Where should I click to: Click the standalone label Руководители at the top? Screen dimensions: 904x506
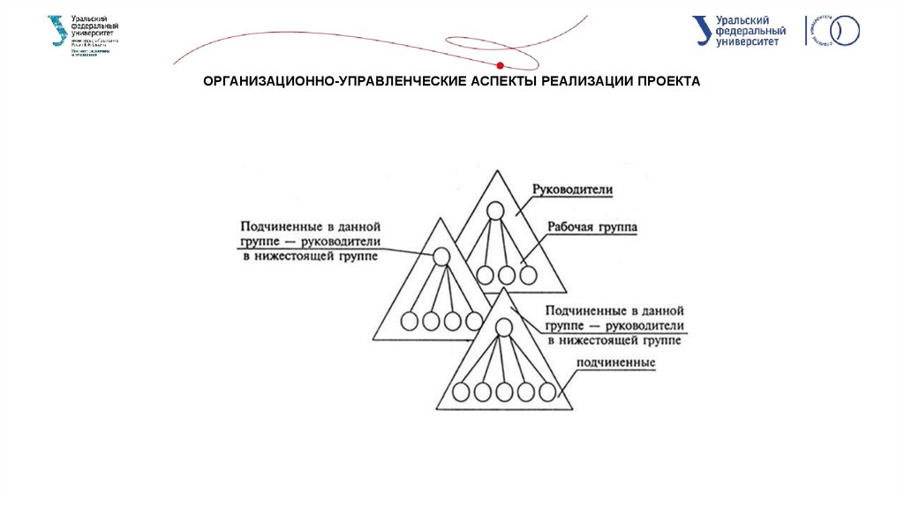tap(572, 190)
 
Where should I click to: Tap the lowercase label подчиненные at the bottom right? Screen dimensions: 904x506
tap(615, 362)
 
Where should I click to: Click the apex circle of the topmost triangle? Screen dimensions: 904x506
tap(496, 211)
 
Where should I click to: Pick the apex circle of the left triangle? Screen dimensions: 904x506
tap(441, 257)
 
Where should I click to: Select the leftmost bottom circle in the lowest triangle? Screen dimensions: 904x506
tap(461, 391)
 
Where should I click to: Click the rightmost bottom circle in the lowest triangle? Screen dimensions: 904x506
tap(548, 391)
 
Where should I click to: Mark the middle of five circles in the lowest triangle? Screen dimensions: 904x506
tap(504, 391)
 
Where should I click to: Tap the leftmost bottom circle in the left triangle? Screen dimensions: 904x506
tap(410, 321)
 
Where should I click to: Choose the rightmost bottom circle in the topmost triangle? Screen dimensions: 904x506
tap(528, 274)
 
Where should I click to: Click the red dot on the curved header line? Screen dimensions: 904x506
tap(501, 64)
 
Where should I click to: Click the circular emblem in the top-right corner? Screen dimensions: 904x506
tap(842, 31)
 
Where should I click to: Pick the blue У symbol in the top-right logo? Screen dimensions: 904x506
tap(703, 30)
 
